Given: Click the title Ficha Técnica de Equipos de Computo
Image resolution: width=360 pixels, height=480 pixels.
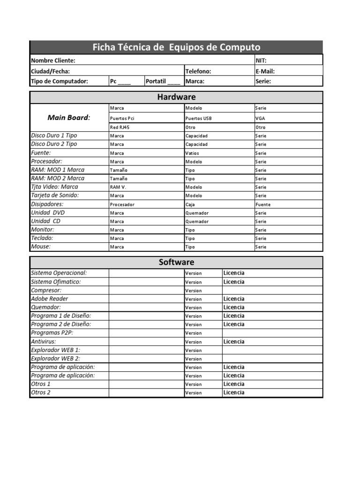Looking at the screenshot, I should point(176,47).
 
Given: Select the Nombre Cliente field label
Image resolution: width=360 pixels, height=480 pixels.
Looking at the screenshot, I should point(53,60).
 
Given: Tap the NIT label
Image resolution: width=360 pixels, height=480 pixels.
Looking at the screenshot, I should point(261,60).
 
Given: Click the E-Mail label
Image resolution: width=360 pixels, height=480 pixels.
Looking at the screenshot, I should point(265,71).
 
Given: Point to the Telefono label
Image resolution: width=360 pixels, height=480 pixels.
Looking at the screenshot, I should point(198,71).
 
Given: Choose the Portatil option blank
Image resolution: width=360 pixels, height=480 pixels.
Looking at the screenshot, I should point(163,81).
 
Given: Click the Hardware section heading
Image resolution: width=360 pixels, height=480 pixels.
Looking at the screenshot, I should point(176,97).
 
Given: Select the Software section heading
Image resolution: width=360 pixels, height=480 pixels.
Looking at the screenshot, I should point(176,262).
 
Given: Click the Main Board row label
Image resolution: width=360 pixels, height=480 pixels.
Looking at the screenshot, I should point(69,118).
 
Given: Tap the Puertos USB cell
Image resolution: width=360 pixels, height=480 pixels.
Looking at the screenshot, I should point(199,119).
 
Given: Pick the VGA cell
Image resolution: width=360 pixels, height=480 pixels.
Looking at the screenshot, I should point(260,119).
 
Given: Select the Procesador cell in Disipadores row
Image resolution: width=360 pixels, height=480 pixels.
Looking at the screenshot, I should point(122,205).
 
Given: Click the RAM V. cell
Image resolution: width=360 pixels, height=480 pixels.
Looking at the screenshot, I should point(118,187).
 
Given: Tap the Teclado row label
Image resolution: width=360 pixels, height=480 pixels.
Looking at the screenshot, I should point(42,238).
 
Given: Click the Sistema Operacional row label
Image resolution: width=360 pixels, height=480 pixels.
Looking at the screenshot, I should point(59,273).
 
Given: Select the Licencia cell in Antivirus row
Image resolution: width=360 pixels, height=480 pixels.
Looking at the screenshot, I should point(234,342).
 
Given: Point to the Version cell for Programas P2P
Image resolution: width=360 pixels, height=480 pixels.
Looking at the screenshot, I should point(194,333).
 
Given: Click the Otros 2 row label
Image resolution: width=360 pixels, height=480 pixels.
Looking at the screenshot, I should point(41,392).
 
